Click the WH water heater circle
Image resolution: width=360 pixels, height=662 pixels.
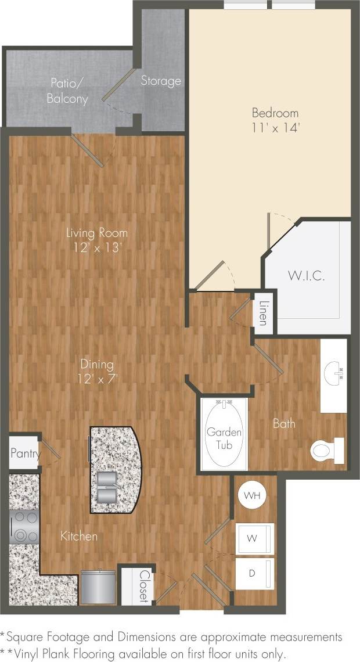[251, 495]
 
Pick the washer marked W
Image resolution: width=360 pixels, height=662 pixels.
[254, 538]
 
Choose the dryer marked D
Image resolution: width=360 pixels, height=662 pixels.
[254, 574]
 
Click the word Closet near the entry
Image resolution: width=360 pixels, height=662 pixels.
[143, 586]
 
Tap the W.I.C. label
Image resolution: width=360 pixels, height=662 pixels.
[306, 275]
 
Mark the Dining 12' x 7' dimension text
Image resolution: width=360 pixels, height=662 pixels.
[96, 372]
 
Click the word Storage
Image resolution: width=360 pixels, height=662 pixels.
[161, 81]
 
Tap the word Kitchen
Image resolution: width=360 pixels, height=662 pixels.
[79, 535]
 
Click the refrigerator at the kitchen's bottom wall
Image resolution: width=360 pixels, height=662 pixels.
[97, 588]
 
